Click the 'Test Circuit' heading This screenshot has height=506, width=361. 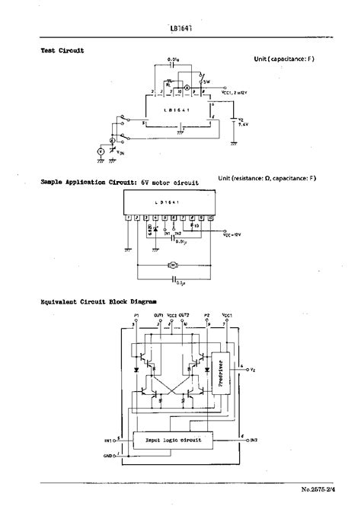pos(62,50)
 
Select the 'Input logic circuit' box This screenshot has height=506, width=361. pos(173,441)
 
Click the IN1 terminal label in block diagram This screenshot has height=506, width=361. pos(108,441)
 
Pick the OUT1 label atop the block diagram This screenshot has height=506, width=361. pos(158,315)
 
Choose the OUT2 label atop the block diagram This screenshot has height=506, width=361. pos(184,315)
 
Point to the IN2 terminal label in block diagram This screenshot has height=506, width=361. pos(254,441)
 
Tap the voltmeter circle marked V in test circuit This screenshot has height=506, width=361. pos(99,151)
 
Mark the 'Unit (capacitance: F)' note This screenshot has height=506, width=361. pos(284,59)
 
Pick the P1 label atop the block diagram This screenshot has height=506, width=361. pos(136,315)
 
